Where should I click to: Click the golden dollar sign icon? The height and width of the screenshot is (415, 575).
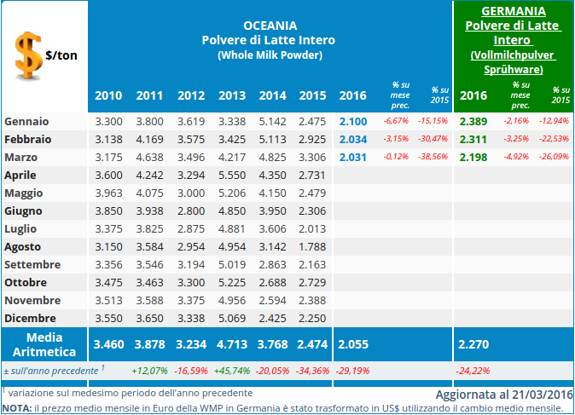[28, 54]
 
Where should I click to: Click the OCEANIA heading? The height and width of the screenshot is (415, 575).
[268, 25]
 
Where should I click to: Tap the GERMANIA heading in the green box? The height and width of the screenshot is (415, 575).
[514, 11]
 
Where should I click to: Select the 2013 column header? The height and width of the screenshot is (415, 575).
[232, 95]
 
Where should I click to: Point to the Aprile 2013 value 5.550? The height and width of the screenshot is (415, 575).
[232, 174]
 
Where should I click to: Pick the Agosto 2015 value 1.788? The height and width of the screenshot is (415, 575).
[313, 247]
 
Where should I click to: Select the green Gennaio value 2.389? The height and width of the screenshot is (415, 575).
[473, 121]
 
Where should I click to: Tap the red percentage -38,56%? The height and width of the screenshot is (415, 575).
[433, 157]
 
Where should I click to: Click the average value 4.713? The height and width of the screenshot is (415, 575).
[232, 344]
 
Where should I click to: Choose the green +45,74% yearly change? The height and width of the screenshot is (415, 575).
[232, 371]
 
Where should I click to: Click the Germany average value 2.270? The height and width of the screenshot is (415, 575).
[473, 344]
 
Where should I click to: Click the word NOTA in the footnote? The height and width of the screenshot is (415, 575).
[16, 408]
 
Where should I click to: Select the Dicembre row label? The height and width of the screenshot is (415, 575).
[31, 318]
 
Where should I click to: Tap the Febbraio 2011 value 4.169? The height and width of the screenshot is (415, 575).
[150, 139]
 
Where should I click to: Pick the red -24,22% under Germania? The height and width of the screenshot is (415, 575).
[473, 371]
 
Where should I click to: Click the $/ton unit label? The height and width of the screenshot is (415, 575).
[62, 55]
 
